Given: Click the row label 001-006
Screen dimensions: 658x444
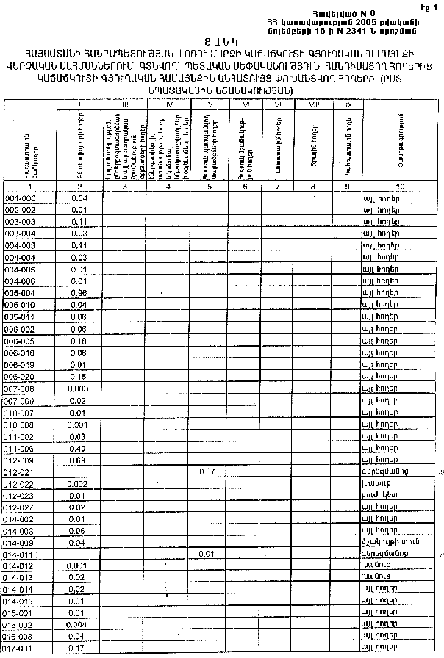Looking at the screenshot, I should pyautogui.click(x=20, y=198).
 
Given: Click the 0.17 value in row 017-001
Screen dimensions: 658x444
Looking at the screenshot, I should pyautogui.click(x=80, y=648).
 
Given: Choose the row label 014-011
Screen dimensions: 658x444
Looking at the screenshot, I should pyautogui.click(x=20, y=554).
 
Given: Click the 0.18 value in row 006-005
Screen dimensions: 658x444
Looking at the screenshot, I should pyautogui.click(x=80, y=341).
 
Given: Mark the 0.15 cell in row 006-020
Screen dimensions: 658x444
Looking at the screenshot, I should pyautogui.click(x=80, y=376).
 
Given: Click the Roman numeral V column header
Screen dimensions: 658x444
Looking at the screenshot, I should pyautogui.click(x=210, y=106).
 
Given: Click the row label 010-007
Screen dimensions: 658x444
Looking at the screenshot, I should pyautogui.click(x=20, y=412).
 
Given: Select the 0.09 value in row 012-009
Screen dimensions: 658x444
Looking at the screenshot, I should pyautogui.click(x=80, y=460).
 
